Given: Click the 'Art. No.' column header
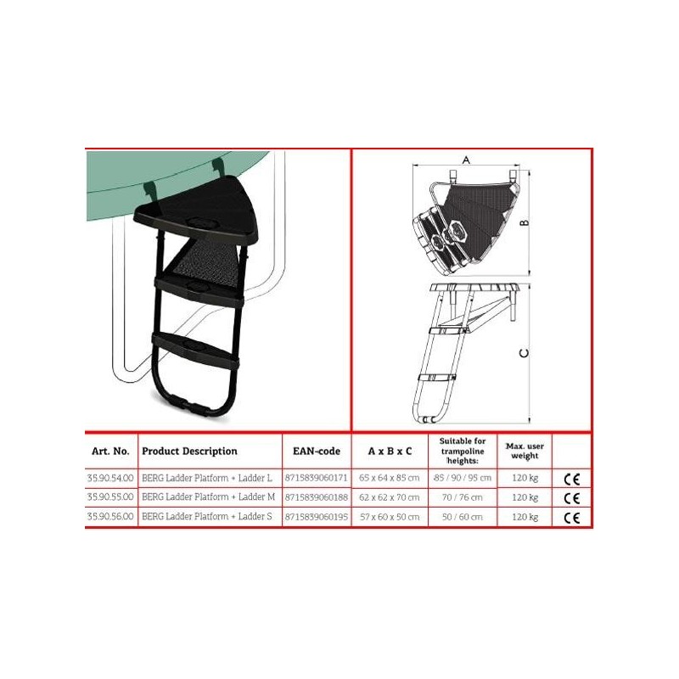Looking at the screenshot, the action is tap(110, 452).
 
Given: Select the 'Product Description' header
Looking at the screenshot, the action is tap(189, 452).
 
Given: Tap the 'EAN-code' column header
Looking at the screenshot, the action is tap(317, 452).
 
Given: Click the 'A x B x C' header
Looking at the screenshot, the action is tap(390, 452).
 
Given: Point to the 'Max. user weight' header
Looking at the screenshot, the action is tap(525, 451).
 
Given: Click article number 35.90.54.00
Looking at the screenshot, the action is tap(110, 478).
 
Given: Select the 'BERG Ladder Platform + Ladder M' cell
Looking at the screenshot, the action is tap(208, 497).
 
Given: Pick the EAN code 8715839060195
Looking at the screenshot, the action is tap(317, 517).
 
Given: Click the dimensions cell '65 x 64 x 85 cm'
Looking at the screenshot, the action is tap(390, 478).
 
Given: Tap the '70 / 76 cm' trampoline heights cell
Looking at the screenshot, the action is tap(462, 497).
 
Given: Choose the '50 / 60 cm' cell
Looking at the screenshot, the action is tap(462, 517).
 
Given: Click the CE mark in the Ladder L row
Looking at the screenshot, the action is tap(571, 479).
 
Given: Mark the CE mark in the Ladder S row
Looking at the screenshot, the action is tap(571, 518).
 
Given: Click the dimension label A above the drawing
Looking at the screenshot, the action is tap(466, 160).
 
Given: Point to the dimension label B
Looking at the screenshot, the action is tap(524, 222).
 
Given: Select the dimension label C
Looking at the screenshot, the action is tap(524, 353).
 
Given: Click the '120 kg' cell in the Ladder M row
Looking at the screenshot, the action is tap(525, 497).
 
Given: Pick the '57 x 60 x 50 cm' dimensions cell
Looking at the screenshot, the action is tap(390, 517).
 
